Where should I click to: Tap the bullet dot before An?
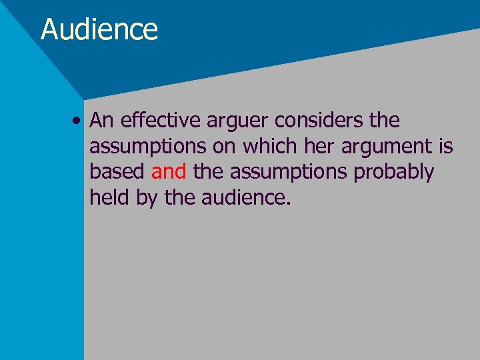coord(79,121)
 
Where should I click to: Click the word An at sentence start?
coord(102,121)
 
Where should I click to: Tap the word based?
coord(117,171)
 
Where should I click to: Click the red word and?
coord(169,171)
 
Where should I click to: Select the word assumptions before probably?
coord(284,172)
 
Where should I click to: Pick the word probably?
coord(393,172)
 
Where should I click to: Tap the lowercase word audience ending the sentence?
coord(245,197)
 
